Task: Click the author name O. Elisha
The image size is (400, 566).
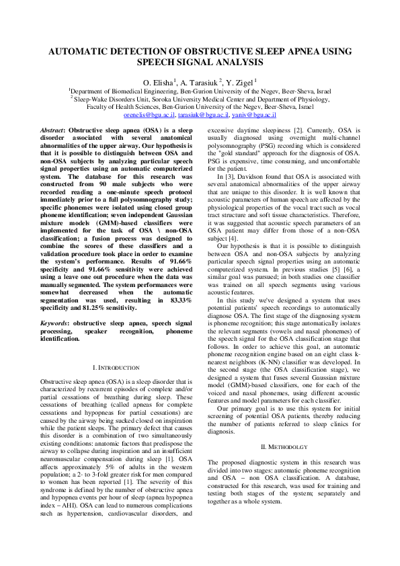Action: (x=158, y=81)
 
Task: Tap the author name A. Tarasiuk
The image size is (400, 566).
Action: (x=206, y=81)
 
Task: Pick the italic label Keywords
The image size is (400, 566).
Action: (x=56, y=323)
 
